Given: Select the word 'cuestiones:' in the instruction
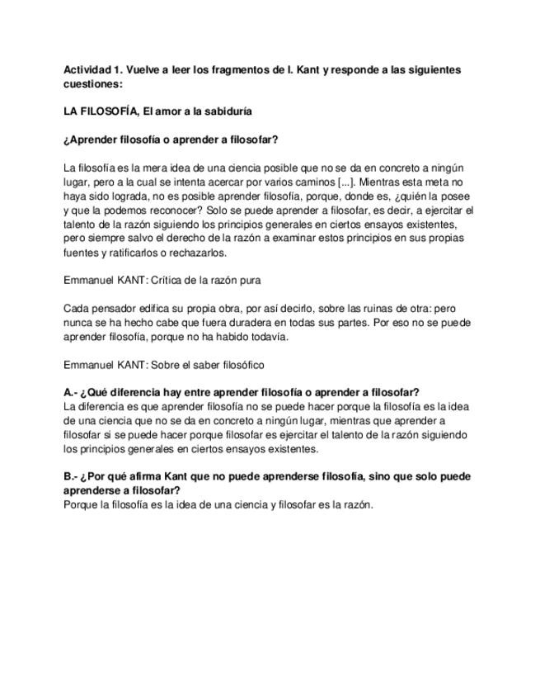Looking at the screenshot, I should pos(93,84).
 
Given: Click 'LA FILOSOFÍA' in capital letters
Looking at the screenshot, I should pos(99,111).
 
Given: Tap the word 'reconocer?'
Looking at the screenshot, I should pos(165,210).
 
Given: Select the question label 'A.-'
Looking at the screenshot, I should pos(72,393).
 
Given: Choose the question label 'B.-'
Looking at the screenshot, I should pos(72,477).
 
